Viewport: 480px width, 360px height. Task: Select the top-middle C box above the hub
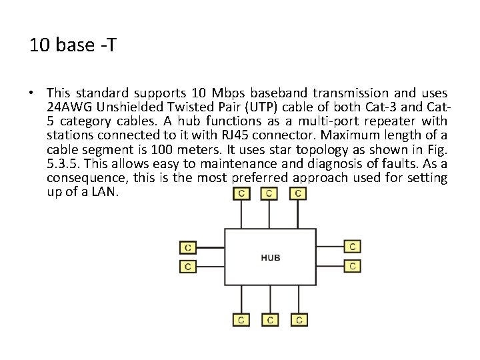pos(269,194)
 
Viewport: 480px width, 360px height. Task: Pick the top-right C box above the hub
pos(299,194)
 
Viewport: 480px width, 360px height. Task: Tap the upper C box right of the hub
pos(353,247)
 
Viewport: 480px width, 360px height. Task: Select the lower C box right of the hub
pos(353,266)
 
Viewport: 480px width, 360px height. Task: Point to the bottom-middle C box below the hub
pos(269,320)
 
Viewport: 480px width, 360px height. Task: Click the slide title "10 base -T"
pos(65,45)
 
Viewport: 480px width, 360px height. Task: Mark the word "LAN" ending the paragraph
pos(106,191)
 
